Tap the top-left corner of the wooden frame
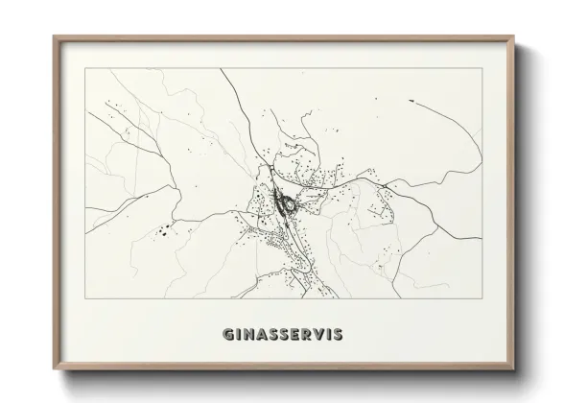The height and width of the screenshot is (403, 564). coord(54,36)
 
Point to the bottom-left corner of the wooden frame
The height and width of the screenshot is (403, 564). coord(54,369)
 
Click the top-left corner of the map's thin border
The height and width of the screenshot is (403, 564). coord(85,69)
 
